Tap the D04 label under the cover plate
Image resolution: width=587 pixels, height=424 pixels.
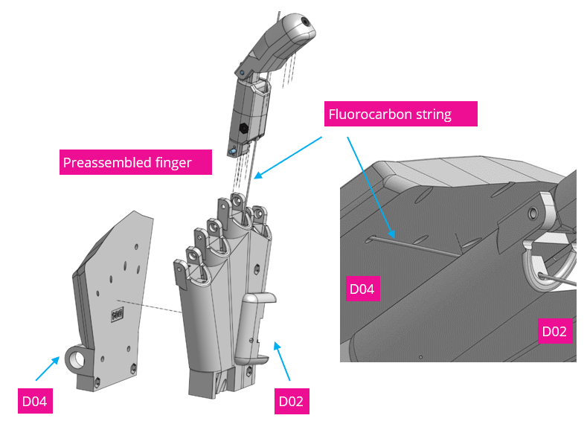click(34, 401)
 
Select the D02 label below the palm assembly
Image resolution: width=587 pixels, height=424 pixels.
click(291, 401)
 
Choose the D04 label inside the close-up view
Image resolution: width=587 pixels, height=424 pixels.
click(362, 288)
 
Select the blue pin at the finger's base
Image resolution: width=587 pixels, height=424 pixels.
click(233, 152)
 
